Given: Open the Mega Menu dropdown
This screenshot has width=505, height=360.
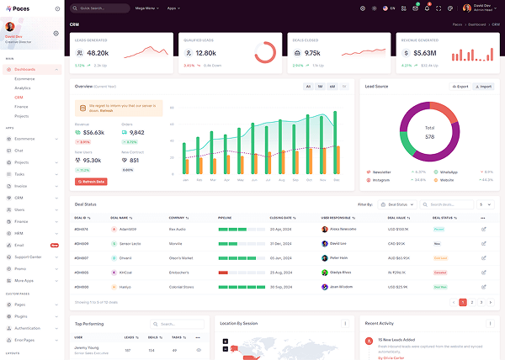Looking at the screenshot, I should tap(146, 8).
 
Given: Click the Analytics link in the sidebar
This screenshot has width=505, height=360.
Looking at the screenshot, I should tap(23, 87).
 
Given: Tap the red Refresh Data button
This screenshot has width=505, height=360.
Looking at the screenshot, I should tap(91, 181).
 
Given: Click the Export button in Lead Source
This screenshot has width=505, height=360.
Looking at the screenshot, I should tap(460, 87).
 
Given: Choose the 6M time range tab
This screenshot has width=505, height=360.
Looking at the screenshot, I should tap(332, 87).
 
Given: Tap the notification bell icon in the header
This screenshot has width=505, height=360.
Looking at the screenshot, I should tap(427, 8).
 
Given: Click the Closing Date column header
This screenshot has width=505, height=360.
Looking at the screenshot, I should tap(282, 217).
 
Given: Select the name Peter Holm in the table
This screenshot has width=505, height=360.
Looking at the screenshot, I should tap(338, 257).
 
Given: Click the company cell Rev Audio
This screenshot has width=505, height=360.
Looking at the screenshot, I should tap(178, 229).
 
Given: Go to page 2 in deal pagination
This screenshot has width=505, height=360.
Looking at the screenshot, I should tap(471, 301).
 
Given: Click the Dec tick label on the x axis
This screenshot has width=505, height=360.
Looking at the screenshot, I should tap(336, 179).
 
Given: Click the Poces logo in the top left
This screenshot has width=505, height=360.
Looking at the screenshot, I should tap(19, 8).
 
